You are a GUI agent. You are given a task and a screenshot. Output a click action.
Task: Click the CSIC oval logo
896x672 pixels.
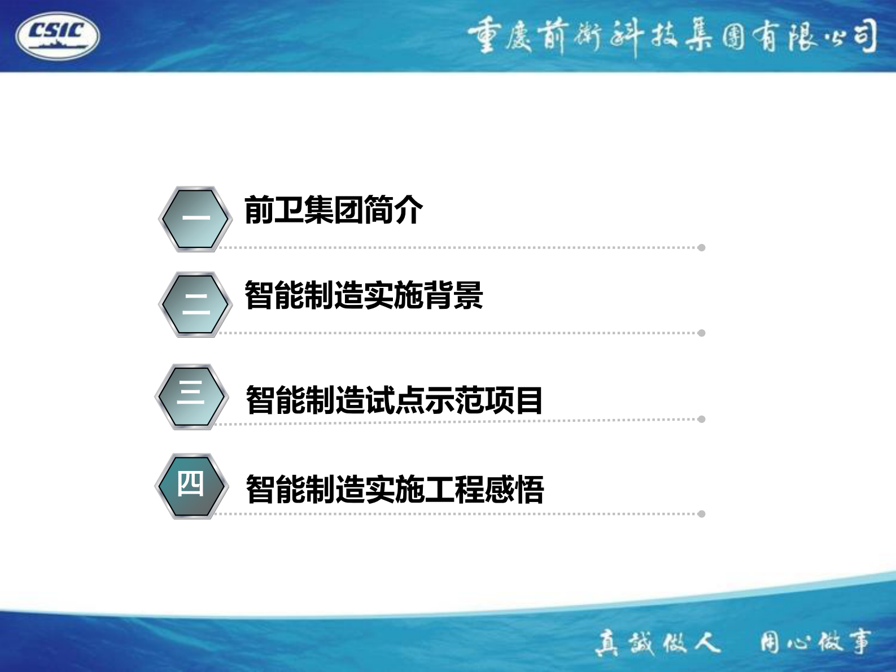point(58,36)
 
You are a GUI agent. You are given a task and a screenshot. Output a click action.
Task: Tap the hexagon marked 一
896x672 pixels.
point(195,219)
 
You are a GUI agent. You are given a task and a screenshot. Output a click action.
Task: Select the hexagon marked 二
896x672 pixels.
point(195,304)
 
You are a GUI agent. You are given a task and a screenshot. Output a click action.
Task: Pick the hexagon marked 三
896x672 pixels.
point(191,396)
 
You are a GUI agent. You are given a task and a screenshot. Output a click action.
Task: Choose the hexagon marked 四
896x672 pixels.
point(191,486)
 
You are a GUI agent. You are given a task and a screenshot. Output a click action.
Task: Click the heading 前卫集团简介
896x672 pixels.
point(333,210)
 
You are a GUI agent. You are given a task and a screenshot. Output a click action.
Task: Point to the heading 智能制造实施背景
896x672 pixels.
point(364,295)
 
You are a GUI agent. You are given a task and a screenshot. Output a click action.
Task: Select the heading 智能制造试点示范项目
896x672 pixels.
point(394,400)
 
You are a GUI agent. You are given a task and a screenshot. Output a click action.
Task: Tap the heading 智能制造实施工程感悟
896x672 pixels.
point(395,489)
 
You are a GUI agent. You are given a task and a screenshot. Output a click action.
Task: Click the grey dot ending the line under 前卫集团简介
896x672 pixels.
point(701,247)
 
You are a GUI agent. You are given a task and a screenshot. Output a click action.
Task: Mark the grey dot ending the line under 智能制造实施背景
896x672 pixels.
point(701,333)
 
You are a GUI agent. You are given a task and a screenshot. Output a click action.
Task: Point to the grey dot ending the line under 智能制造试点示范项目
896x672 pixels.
point(701,419)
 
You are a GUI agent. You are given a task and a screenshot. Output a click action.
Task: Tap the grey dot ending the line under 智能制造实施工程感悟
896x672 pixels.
point(701,514)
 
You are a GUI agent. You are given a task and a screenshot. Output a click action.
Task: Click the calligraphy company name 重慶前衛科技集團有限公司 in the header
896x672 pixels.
point(672,37)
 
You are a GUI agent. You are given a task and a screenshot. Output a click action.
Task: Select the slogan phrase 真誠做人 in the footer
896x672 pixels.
point(658,643)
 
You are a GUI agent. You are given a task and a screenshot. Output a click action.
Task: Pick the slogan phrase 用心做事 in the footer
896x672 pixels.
point(815,642)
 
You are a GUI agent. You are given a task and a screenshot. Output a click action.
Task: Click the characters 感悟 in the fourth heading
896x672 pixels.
point(514,489)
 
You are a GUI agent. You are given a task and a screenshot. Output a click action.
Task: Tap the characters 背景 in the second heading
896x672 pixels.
point(453,295)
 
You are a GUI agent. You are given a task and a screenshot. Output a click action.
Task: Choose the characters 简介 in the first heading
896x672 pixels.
point(393,210)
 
